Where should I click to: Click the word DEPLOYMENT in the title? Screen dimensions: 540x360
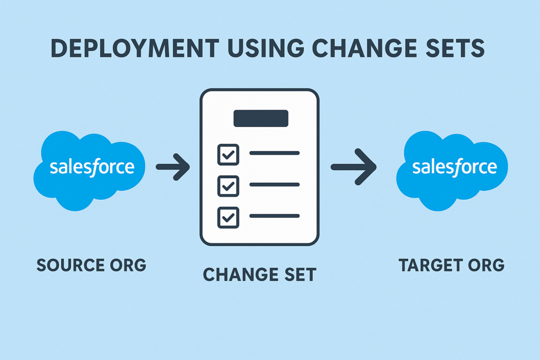pos(134,48)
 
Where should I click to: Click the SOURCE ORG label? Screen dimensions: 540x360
pos(91,265)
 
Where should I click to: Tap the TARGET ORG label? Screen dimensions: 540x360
pos(451,265)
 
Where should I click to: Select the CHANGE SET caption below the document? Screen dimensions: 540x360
pos(259,275)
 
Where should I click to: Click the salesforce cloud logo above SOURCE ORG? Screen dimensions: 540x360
pos(89,170)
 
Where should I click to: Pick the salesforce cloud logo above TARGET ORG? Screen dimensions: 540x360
pos(452,170)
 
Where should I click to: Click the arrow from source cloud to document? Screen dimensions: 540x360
pos(173,167)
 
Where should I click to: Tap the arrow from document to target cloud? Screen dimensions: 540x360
pos(354,167)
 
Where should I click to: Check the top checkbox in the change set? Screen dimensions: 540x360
pos(228,154)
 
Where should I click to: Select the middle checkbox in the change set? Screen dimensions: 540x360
pos(228,186)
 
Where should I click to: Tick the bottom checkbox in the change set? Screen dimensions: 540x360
pos(228,218)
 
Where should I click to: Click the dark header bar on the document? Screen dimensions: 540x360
pos(261,119)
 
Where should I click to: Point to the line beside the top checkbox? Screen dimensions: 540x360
pos(274,153)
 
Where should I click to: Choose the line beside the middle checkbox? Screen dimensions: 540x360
pos(274,185)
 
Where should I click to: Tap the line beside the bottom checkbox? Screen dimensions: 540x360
pos(274,216)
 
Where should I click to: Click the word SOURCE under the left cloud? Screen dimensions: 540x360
pos(71,265)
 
